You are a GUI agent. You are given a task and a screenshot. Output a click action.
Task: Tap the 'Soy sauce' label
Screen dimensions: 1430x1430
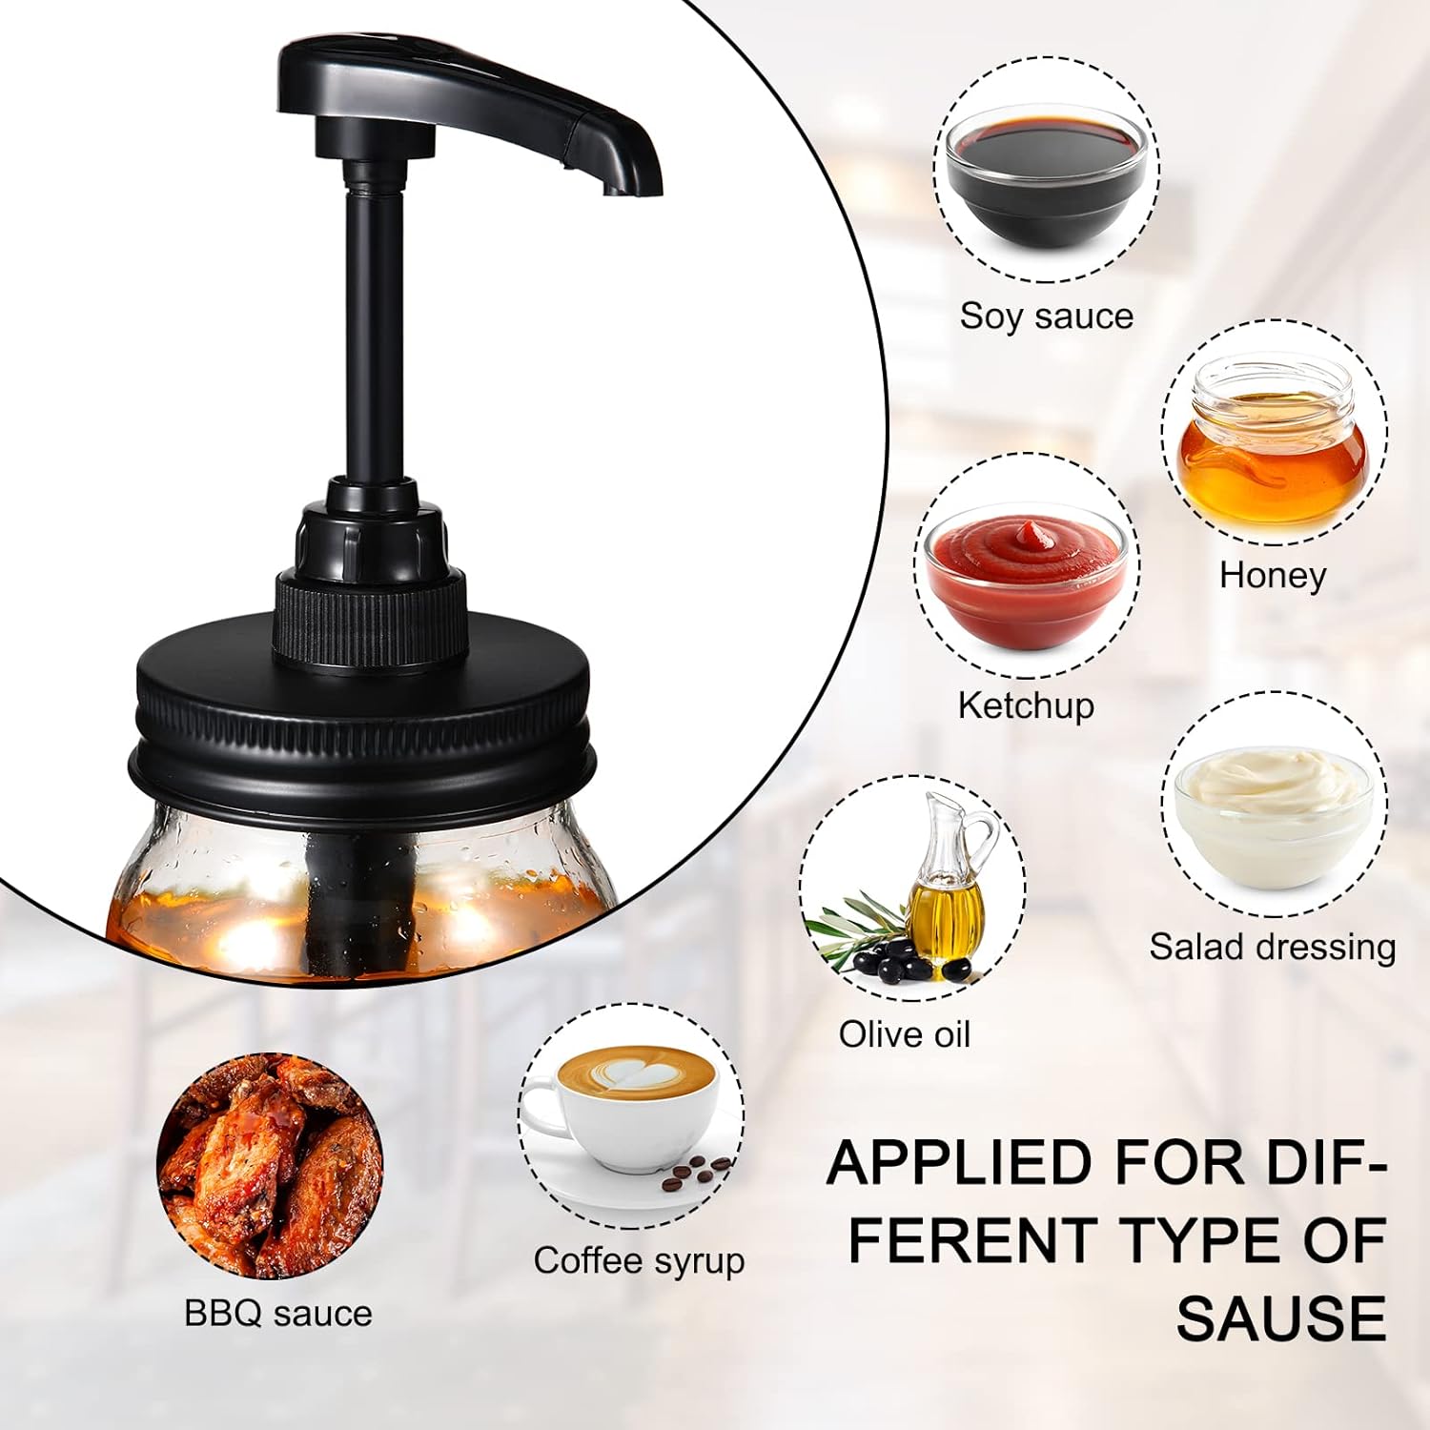tap(1046, 316)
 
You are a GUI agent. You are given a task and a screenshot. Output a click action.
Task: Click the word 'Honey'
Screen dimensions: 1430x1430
tap(1273, 575)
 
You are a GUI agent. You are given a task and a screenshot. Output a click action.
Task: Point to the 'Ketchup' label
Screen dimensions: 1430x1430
tap(1026, 705)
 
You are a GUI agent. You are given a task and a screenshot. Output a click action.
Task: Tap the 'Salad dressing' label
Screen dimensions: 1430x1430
tap(1272, 947)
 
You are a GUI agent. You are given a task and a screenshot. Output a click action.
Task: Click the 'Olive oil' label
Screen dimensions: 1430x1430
tap(904, 1034)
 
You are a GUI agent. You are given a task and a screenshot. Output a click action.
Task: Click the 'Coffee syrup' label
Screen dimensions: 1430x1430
tap(639, 1260)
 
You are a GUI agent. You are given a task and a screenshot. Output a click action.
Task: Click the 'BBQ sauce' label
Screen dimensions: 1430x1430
tap(277, 1313)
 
